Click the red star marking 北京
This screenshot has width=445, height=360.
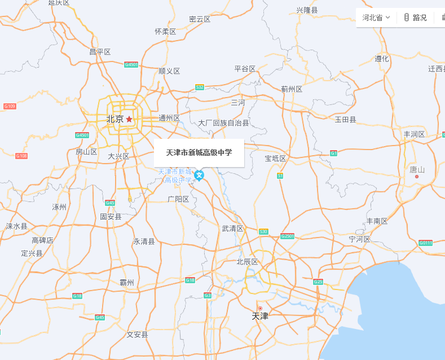click(x=129, y=119)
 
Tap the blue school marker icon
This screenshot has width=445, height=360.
click(x=199, y=175)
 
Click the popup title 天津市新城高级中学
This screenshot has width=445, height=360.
click(x=199, y=152)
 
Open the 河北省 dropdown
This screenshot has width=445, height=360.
click(x=376, y=17)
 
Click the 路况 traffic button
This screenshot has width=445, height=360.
click(x=415, y=17)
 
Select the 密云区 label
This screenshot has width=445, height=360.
click(x=200, y=19)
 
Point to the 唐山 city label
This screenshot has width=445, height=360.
click(x=417, y=169)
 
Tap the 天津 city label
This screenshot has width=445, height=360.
click(x=260, y=316)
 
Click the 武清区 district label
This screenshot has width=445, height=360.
click(x=232, y=229)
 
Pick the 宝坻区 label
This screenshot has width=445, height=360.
click(x=276, y=159)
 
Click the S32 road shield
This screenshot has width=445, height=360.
click(x=200, y=87)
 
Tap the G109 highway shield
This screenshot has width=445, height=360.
click(x=10, y=106)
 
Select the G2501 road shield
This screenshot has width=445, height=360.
click(x=287, y=236)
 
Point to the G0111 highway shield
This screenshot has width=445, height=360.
click(x=426, y=243)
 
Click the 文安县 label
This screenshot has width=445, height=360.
click(x=137, y=335)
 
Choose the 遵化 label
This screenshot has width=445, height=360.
click(x=382, y=59)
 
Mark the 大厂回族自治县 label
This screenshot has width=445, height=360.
click(x=223, y=122)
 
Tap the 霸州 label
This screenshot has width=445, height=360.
click(x=127, y=282)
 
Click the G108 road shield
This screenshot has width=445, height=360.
click(x=21, y=156)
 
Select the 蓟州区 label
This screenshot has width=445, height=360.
click(x=292, y=89)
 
